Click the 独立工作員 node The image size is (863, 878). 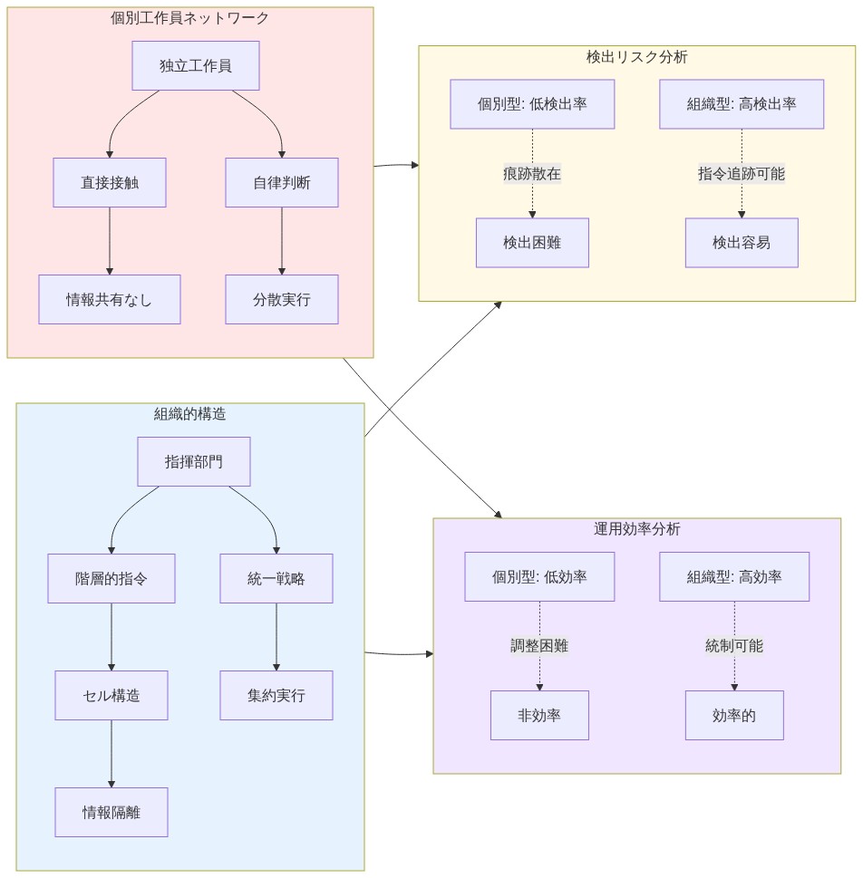coord(195,65)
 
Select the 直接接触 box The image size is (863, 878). coord(110,182)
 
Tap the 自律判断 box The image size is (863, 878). coord(281,182)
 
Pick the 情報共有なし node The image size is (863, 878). coord(110,299)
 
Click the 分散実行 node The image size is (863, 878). coord(281,299)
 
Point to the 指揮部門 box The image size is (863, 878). coord(193,461)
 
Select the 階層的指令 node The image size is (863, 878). coord(112,578)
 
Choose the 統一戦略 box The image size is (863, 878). coord(276,578)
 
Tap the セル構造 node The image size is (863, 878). coord(112,695)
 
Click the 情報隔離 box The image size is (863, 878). coord(112,812)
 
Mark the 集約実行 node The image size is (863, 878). coord(276,695)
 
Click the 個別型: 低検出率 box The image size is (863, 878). coord(532,104)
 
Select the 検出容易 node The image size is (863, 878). coord(742,242)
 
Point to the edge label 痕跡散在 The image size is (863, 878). coord(532,174)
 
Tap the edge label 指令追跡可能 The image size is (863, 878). coord(742,174)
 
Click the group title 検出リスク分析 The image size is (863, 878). coord(636,57)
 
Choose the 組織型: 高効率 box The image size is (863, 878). coord(734,576)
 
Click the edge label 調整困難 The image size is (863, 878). coord(539,646)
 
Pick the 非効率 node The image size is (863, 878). coord(539,715)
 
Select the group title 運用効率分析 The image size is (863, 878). coord(636,529)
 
